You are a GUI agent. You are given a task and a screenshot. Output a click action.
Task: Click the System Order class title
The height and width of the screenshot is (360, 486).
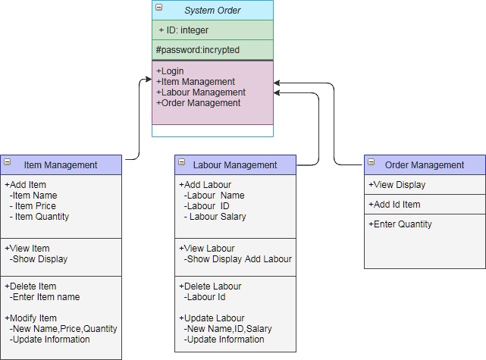click(x=214, y=10)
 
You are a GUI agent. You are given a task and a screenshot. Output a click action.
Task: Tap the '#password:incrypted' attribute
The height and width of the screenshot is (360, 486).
click(x=197, y=50)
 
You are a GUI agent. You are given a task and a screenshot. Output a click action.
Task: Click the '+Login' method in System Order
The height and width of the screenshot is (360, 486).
click(x=171, y=71)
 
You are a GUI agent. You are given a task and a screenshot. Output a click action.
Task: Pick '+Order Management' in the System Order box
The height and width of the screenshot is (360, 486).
click(x=199, y=103)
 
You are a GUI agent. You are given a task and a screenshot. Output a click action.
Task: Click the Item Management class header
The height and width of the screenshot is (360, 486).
click(x=61, y=164)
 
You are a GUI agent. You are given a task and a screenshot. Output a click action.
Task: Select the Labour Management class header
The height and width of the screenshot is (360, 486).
click(x=235, y=164)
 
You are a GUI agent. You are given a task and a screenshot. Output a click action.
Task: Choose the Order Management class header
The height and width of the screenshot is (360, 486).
click(x=425, y=164)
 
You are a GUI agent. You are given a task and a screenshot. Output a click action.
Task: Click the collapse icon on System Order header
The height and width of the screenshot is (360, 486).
click(x=159, y=8)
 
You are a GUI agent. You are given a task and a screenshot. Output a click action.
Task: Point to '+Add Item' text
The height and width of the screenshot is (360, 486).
click(x=26, y=185)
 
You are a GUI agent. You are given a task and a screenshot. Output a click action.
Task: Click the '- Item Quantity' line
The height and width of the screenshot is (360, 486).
click(x=41, y=217)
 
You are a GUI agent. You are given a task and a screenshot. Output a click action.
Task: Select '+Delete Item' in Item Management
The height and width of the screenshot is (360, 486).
click(x=30, y=286)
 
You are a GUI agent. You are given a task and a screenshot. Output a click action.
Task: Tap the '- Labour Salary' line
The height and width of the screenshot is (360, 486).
click(x=216, y=217)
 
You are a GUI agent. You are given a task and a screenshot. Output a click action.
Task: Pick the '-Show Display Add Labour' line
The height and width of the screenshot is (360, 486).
click(x=237, y=259)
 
